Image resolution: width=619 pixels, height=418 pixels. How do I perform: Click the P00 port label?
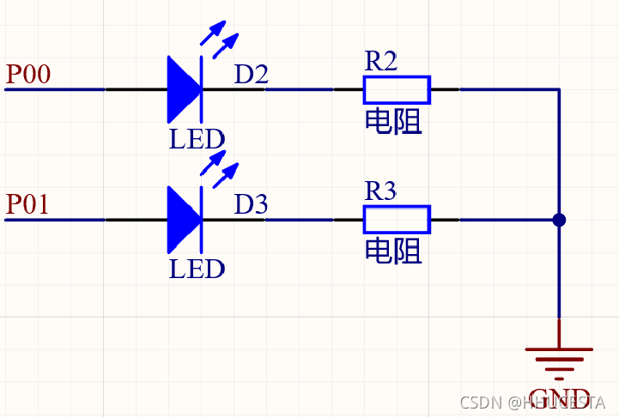27,75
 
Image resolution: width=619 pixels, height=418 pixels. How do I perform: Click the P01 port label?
27,204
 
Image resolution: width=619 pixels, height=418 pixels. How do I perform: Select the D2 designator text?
252,75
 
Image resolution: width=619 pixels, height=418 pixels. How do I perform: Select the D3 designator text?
252,204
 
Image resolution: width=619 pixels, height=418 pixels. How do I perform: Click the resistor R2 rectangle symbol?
397,89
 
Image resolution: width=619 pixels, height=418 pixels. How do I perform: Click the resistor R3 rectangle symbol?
397,220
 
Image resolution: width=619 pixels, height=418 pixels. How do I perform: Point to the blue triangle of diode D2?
183,89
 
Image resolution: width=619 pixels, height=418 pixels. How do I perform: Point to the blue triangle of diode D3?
183,220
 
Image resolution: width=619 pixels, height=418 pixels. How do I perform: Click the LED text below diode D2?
197,139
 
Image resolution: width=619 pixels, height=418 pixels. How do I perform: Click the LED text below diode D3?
197,269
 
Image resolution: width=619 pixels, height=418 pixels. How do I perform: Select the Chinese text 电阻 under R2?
394,122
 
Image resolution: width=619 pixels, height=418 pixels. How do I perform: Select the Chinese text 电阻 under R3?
394,251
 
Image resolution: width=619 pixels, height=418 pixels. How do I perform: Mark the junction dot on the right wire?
559,220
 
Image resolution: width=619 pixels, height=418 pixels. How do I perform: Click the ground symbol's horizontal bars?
559,359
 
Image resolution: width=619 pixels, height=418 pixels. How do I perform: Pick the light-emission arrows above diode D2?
218,34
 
